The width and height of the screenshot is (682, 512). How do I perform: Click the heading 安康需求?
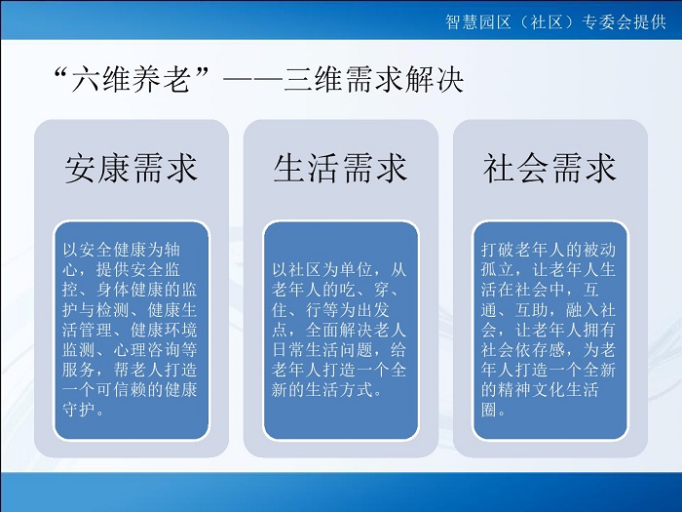click(x=132, y=168)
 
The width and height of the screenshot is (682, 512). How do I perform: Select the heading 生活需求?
click(x=341, y=168)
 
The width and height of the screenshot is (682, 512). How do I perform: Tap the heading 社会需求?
click(x=549, y=168)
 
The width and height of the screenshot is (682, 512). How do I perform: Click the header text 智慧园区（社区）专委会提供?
click(x=555, y=21)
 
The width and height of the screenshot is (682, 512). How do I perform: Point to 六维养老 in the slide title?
click(x=131, y=80)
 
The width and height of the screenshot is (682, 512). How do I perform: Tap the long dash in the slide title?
click(x=252, y=80)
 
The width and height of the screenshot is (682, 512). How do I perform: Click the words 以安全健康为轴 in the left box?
click(x=122, y=250)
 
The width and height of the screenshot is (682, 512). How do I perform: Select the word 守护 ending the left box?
click(x=79, y=410)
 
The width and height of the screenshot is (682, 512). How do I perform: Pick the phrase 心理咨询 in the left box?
click(x=147, y=350)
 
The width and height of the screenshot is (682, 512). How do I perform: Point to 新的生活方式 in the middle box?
click(x=322, y=390)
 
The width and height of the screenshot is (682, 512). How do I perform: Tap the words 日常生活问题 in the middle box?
click(x=322, y=350)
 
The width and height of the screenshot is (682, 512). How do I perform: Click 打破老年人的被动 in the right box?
click(x=549, y=250)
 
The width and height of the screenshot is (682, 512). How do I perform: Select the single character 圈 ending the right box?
click(x=489, y=410)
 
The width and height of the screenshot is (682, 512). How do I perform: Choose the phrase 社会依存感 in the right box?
click(x=523, y=350)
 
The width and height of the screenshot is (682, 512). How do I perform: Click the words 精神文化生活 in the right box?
click(x=549, y=390)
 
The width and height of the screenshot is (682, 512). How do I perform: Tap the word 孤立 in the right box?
click(x=498, y=270)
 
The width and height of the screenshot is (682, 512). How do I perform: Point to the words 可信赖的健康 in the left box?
click(x=146, y=390)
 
